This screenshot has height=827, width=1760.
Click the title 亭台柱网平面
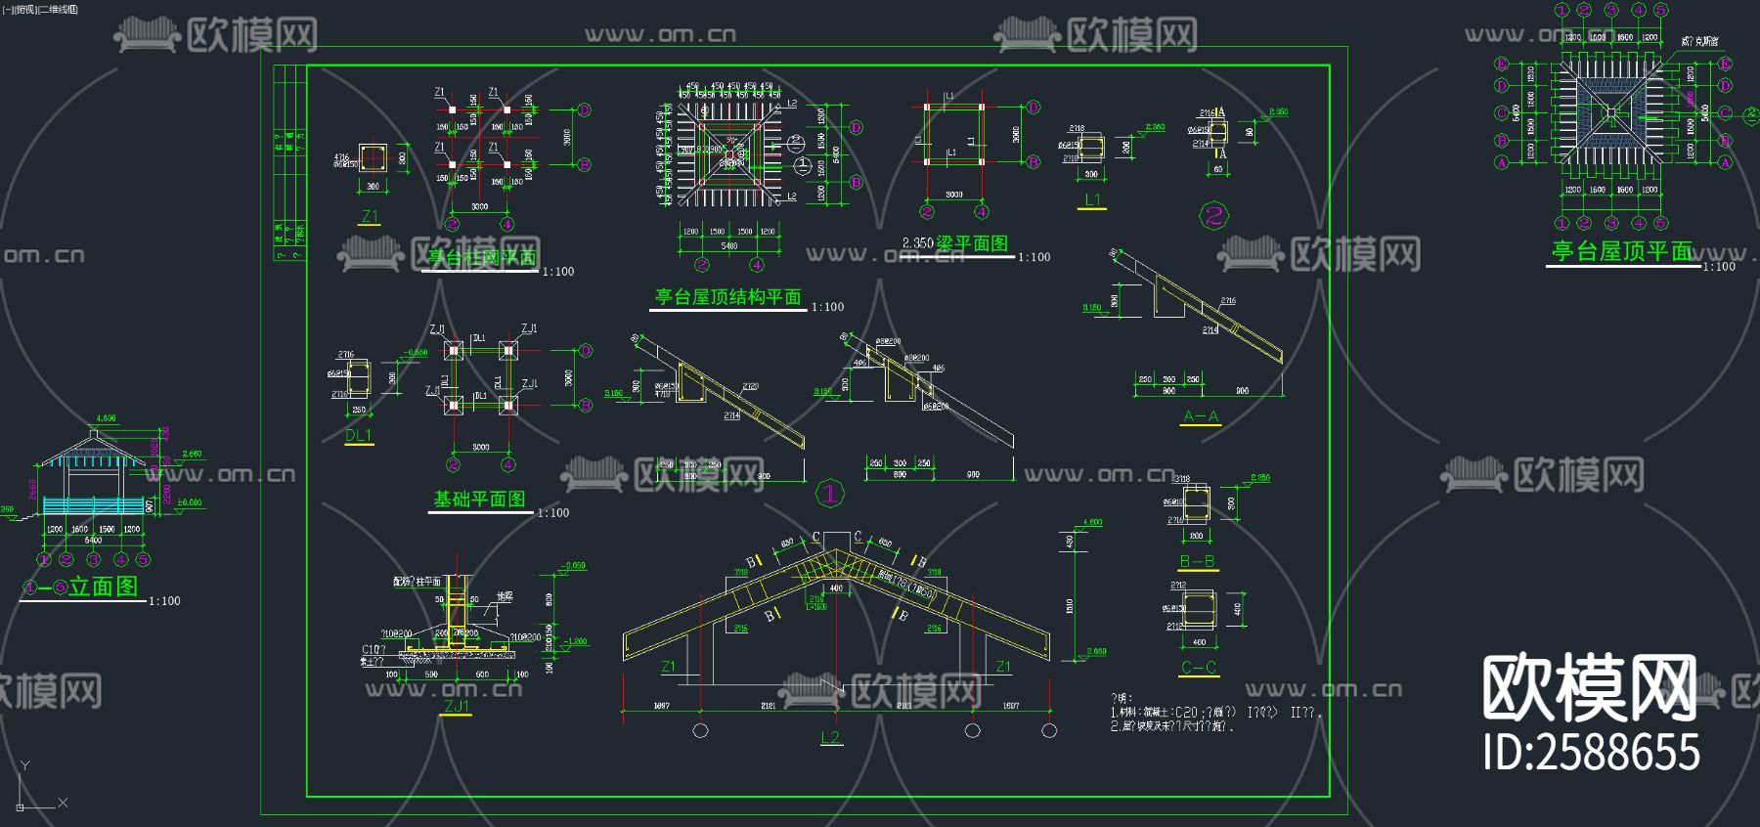[481, 258]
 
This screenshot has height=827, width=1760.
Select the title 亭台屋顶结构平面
[727, 297]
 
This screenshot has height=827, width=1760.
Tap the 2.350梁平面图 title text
[954, 243]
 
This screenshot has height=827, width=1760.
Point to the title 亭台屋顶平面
[1622, 251]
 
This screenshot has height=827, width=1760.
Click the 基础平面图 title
[479, 500]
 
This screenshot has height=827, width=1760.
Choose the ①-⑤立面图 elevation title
[82, 587]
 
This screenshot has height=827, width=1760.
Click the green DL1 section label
[359, 436]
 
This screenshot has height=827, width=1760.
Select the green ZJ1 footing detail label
[457, 706]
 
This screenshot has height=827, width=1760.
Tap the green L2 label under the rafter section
[830, 737]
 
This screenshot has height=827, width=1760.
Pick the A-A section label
[1201, 416]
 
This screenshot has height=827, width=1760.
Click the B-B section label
[1197, 561]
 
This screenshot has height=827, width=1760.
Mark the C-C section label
[1199, 668]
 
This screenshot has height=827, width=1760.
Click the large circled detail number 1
[829, 494]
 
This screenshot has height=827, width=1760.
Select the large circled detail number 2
[1213, 215]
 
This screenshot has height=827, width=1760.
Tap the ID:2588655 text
[1591, 753]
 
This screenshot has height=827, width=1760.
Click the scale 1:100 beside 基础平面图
[553, 512]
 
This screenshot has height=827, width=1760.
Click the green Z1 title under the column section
[370, 216]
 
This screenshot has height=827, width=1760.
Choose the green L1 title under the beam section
[1092, 200]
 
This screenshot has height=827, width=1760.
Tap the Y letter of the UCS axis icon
[25, 765]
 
